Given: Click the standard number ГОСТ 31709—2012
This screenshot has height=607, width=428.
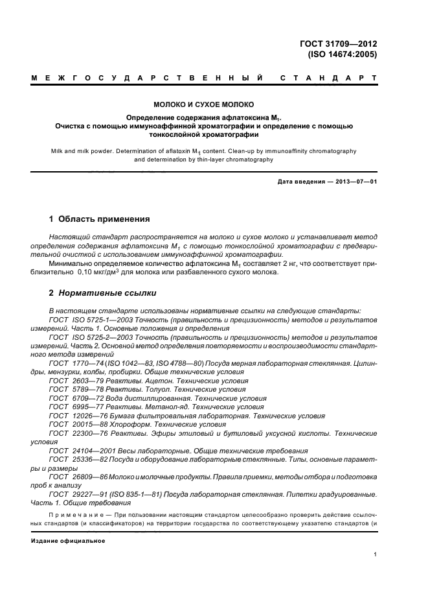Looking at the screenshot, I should pos(343,44).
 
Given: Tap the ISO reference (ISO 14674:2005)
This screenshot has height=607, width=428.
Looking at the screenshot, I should pos(343,54).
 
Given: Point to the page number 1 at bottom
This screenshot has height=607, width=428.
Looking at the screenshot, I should pos(375,554).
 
